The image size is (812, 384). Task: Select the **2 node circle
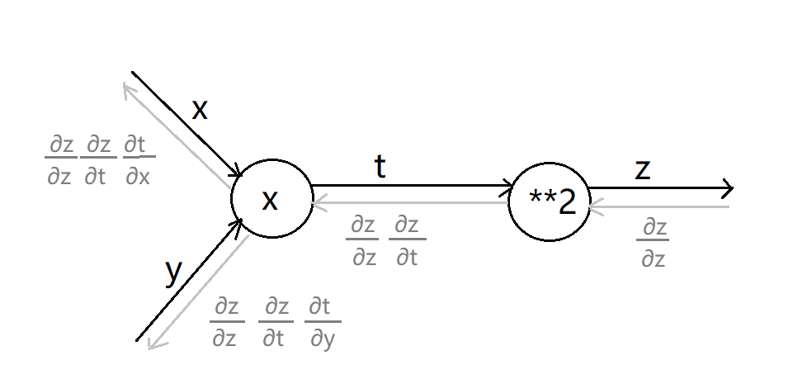[x=550, y=201]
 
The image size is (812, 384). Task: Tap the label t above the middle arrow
[x=380, y=168]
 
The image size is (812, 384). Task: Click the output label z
[x=642, y=169]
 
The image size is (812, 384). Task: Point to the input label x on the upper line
[x=200, y=109]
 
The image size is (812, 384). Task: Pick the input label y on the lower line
[x=172, y=272]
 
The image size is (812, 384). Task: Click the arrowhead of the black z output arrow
[x=728, y=189]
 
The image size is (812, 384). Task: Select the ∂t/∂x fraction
[x=138, y=160]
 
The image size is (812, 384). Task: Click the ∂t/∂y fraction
[x=322, y=323]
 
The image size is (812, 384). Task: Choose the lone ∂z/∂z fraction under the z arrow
[x=652, y=244]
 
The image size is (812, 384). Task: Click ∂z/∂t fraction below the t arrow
[x=406, y=241]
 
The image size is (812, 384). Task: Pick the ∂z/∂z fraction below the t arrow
[x=363, y=241]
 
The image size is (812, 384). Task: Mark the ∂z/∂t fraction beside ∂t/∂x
[x=97, y=160]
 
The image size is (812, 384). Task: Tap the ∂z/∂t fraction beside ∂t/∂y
[x=275, y=323]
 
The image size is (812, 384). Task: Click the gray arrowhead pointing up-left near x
[x=129, y=89]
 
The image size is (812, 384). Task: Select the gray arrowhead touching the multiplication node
[x=319, y=201]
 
